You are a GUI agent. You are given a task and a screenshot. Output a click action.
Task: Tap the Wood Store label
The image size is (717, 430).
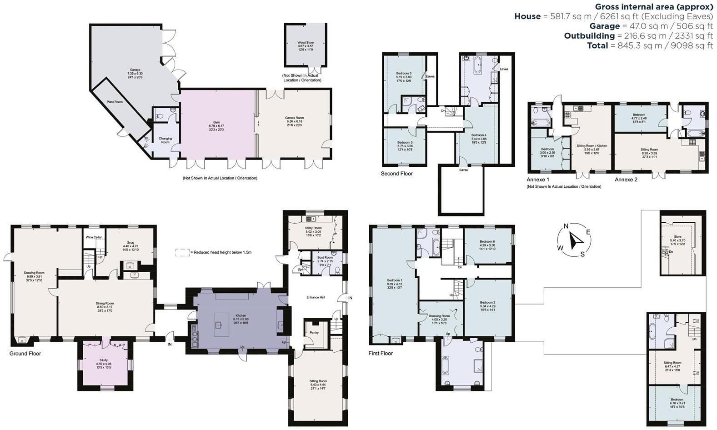pos(306,42)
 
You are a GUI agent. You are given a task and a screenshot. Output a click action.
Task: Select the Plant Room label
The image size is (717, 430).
pos(115,102)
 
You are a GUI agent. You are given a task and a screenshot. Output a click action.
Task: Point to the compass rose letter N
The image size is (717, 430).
pos(566,226)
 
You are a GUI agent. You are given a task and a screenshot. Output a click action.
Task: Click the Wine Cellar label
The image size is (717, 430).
pos(93,237)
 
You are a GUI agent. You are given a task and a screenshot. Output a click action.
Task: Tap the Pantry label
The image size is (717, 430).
pos(314,333)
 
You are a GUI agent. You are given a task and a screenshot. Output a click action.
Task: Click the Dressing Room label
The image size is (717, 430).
pos(439,316)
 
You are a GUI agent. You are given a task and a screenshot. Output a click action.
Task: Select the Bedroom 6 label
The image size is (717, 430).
pos(487,241)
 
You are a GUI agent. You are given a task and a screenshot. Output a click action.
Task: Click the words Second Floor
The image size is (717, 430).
pos(396,174)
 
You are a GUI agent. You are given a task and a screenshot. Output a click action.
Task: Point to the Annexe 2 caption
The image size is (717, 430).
pos(626,180)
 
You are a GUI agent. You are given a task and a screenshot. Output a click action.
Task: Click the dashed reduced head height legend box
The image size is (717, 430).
pos(182,252)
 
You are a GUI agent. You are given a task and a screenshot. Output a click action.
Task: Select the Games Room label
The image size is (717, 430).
pos(294,118)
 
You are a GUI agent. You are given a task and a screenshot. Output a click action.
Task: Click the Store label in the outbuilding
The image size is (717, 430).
pos(677,236)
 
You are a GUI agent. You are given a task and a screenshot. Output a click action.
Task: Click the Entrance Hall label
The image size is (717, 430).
pos(316,297)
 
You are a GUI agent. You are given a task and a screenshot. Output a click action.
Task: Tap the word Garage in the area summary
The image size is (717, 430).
pos(605,26)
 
